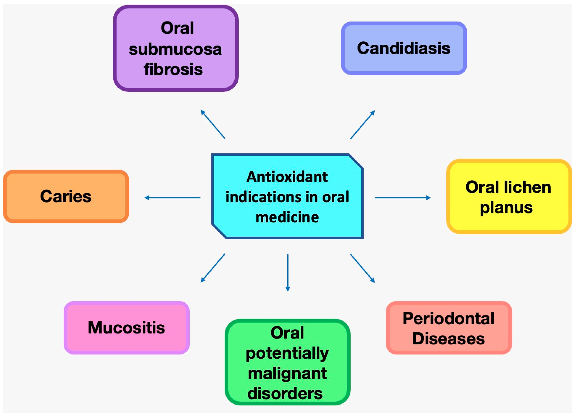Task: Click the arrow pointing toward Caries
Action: (x=172, y=198)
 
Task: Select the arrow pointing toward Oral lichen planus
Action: (x=403, y=198)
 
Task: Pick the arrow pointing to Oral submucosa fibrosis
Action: (x=213, y=124)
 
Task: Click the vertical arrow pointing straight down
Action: (x=288, y=273)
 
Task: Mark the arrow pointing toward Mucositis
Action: (x=213, y=268)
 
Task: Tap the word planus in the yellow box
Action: (x=506, y=208)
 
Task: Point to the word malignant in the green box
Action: (x=287, y=374)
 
